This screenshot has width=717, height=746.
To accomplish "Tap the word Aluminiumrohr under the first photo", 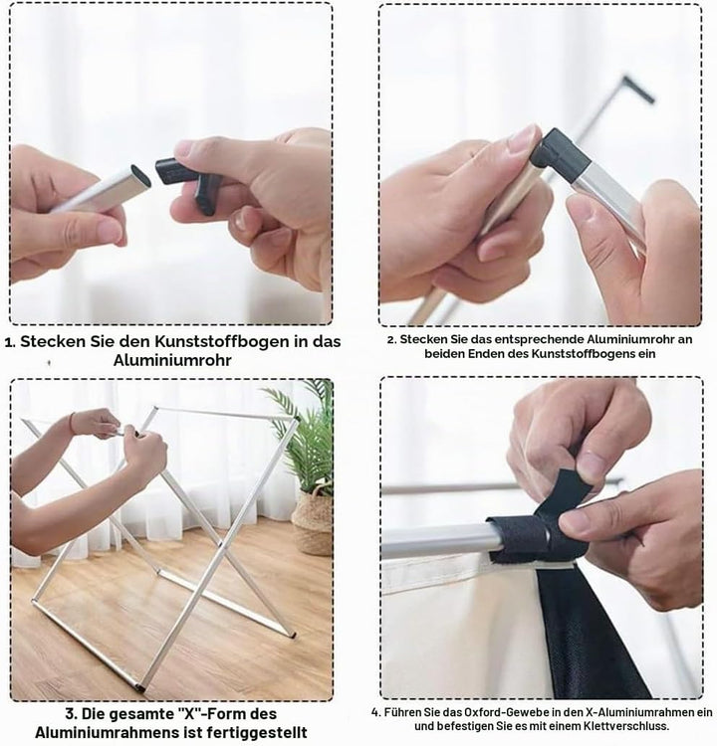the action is pyautogui.click(x=172, y=361).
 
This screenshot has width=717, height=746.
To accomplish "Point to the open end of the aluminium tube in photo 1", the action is pyautogui.click(x=141, y=175).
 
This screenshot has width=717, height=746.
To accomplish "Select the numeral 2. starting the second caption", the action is pyautogui.click(x=391, y=340).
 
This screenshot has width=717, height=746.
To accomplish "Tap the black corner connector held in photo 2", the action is pyautogui.click(x=561, y=151).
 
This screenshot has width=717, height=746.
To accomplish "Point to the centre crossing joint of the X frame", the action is pyautogui.click(x=221, y=544).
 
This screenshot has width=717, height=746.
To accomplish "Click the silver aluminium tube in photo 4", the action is pyautogui.click(x=434, y=541).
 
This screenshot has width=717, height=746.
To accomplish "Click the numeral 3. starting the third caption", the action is pyautogui.click(x=71, y=713).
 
